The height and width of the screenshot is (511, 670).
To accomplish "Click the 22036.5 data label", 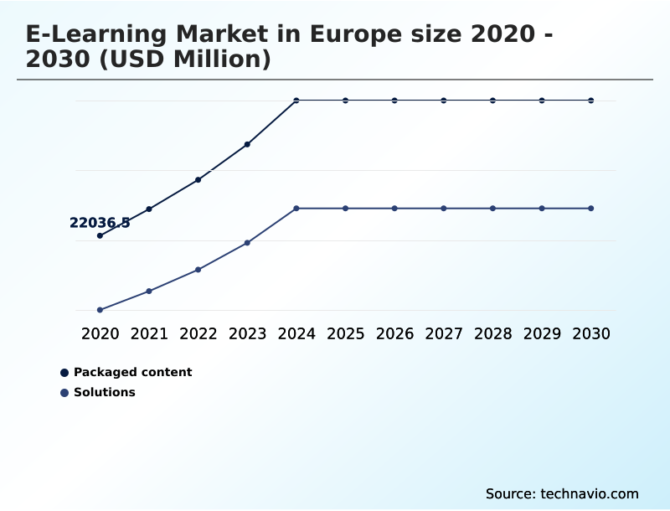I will click(100, 223).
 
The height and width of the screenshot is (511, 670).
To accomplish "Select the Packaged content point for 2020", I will click(100, 235).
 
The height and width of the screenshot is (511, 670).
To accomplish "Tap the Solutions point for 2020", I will click(100, 310).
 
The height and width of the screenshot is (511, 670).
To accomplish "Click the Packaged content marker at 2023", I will click(247, 144).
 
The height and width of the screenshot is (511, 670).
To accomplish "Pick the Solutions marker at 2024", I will click(296, 208).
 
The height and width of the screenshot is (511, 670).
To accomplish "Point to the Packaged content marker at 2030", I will click(590, 101).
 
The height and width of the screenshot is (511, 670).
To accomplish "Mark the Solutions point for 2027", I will click(444, 208).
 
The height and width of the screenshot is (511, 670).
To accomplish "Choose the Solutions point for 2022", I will click(198, 270).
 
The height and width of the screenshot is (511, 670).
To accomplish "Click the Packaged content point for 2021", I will click(149, 209).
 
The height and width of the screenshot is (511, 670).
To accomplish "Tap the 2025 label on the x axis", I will click(345, 334).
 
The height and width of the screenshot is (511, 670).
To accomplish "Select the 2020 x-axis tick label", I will click(100, 334).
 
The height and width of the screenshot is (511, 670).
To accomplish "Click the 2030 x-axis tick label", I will click(590, 334).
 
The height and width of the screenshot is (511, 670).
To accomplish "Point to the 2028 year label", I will click(492, 334).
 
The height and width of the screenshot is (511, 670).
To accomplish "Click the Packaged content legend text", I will click(132, 372).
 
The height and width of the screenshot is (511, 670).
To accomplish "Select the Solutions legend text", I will click(104, 392).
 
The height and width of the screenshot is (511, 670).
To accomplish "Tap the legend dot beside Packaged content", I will click(64, 373).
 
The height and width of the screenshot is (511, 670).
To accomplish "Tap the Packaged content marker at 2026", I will click(394, 101).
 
